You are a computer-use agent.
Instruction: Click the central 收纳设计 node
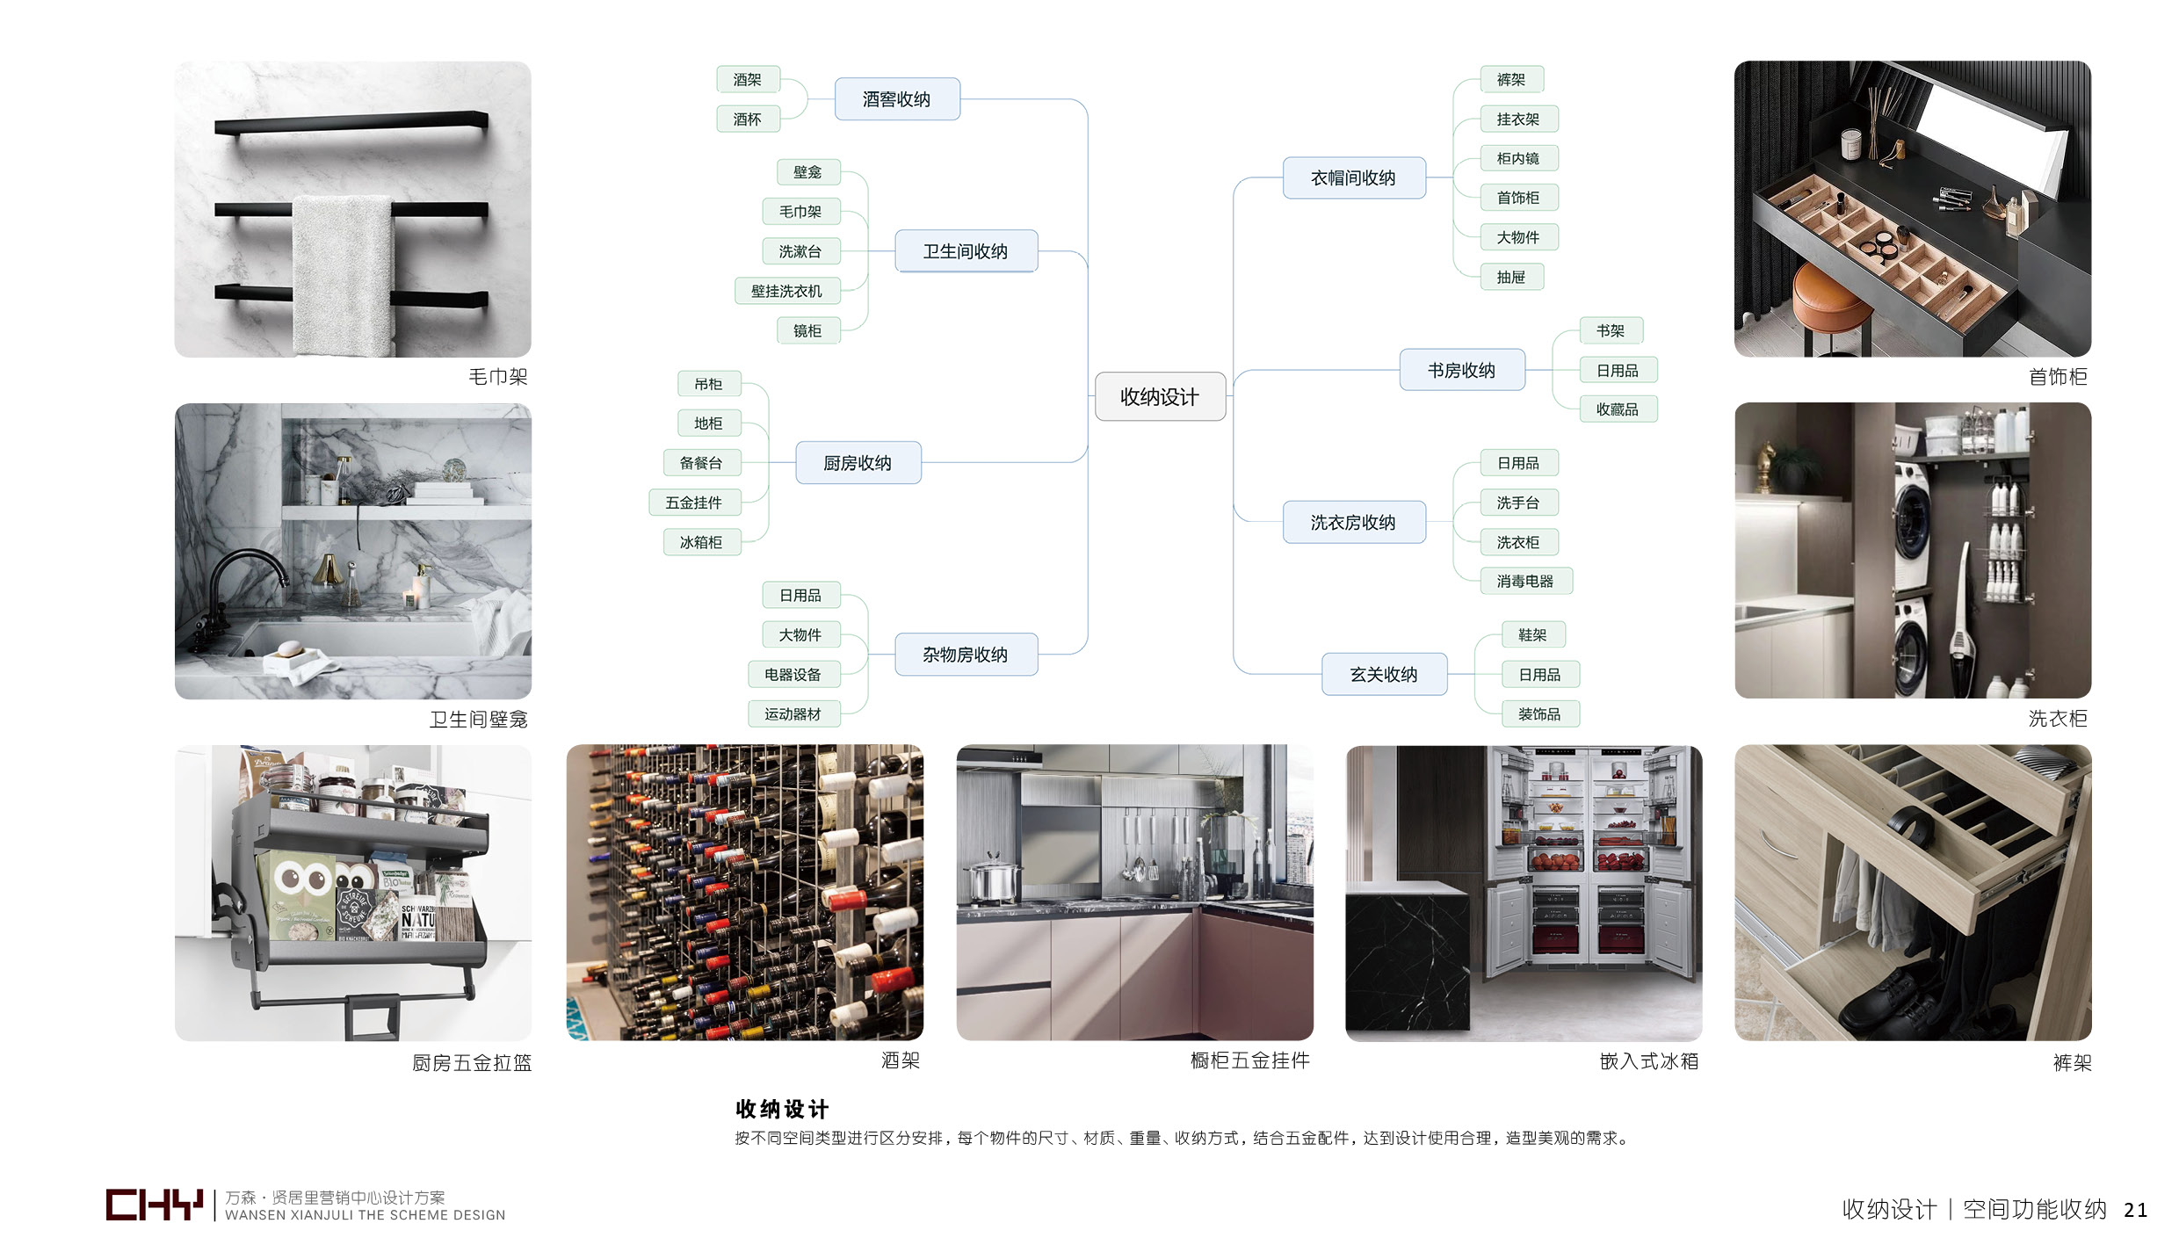pyautogui.click(x=1160, y=396)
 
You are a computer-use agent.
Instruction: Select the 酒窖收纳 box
pyautogui.click(x=896, y=99)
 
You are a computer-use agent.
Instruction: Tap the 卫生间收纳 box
pyautogui.click(x=966, y=251)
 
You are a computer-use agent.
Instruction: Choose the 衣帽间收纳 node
pyautogui.click(x=1353, y=177)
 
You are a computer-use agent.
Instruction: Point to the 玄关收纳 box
pyautogui.click(x=1384, y=674)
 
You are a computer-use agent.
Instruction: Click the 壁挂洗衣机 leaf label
pyautogui.click(x=787, y=291)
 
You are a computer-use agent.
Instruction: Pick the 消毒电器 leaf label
pyautogui.click(x=1525, y=581)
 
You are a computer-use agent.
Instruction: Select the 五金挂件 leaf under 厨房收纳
pyautogui.click(x=694, y=503)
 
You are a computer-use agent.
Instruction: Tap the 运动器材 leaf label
pyautogui.click(x=793, y=714)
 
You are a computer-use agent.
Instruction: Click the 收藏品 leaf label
pyautogui.click(x=1618, y=409)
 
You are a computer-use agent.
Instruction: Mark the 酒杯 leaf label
pyautogui.click(x=748, y=119)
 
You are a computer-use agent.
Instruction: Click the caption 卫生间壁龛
pyautogui.click(x=479, y=720)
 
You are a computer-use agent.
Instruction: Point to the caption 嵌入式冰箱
pyautogui.click(x=1649, y=1061)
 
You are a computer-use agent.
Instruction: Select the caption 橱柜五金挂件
pyautogui.click(x=1249, y=1060)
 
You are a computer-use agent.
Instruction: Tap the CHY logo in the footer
pyautogui.click(x=154, y=1205)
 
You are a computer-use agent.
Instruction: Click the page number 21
pyautogui.click(x=2136, y=1210)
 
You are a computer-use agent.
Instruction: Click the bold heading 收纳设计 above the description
pyautogui.click(x=782, y=1109)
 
